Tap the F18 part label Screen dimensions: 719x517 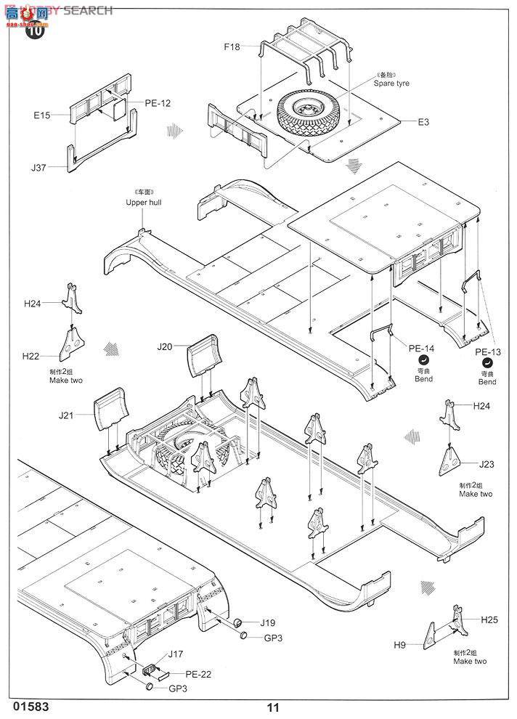pyautogui.click(x=232, y=48)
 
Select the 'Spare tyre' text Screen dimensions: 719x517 pyautogui.click(x=391, y=84)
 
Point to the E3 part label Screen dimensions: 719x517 pyautogui.click(x=423, y=122)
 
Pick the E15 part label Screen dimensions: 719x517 pyautogui.click(x=41, y=115)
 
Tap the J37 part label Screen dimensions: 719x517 pyautogui.click(x=38, y=168)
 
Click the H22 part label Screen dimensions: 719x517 pyautogui.click(x=31, y=355)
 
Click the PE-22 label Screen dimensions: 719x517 pyautogui.click(x=198, y=674)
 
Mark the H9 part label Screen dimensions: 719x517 pyautogui.click(x=399, y=644)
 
